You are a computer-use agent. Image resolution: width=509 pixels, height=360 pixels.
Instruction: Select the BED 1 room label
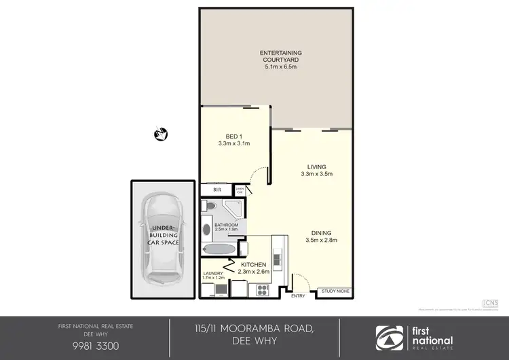point(234,136)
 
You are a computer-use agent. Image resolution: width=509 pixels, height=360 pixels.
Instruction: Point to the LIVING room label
point(316,166)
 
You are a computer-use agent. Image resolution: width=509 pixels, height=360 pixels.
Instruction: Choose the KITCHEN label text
point(254,264)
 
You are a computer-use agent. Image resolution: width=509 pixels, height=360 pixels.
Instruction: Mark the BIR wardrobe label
point(217,190)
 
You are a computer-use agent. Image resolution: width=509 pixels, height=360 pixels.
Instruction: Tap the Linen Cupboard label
point(240,192)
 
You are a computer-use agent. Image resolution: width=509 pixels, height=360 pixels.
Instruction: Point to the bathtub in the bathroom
point(219,249)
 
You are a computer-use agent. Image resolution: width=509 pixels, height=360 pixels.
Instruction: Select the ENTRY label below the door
point(298,296)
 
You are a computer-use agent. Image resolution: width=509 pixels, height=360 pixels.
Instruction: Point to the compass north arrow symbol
point(162,133)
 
